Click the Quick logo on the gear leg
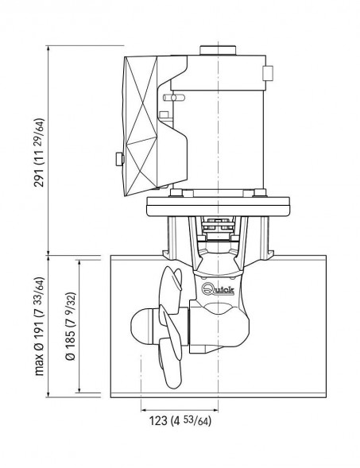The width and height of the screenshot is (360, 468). tap(218, 289)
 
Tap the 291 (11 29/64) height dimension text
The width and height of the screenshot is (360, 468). tap(39, 153)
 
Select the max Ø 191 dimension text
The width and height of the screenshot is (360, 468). tap(39, 327)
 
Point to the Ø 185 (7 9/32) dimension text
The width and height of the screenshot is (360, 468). tap(71, 326)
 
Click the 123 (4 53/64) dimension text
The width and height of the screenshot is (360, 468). tap(180, 421)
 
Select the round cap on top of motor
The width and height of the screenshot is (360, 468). tap(218, 50)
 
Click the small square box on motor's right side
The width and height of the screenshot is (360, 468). tap(268, 73)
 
